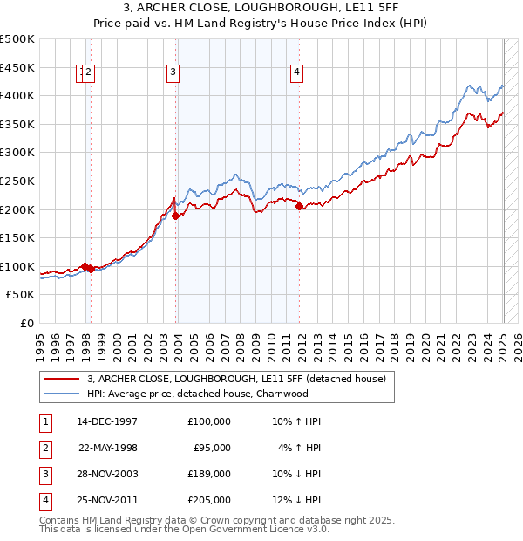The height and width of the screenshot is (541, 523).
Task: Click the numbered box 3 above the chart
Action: [173, 72]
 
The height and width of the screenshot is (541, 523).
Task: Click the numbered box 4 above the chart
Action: [297, 72]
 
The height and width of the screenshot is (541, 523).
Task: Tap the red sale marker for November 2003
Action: [176, 216]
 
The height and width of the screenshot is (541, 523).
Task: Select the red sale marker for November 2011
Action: [300, 207]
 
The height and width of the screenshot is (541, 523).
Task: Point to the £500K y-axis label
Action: [17, 39]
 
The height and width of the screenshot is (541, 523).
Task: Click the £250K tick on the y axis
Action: [17, 181]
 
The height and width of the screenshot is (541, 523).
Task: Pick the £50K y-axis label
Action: [21, 295]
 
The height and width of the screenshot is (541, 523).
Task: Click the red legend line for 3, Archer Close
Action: [61, 379]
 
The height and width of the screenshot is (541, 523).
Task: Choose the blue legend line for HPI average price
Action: [61, 394]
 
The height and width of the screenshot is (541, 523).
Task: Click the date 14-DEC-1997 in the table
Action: [107, 421]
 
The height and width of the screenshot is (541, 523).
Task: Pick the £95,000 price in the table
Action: [212, 448]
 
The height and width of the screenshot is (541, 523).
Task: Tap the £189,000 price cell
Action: [209, 474]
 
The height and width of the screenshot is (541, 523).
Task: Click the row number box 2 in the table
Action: [45, 448]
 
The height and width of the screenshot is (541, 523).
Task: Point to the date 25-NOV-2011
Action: [107, 500]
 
